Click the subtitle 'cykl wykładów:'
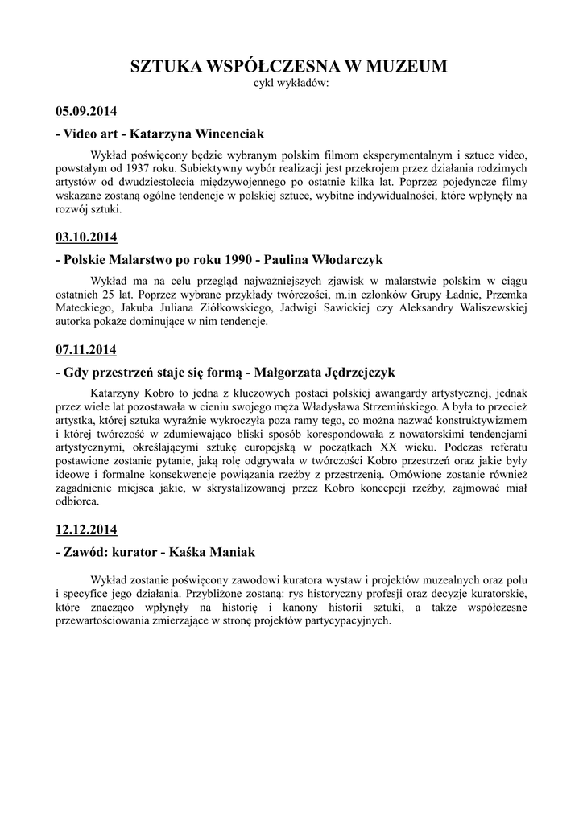click(291, 82)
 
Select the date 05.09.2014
click(86, 110)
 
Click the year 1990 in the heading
click(215, 260)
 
